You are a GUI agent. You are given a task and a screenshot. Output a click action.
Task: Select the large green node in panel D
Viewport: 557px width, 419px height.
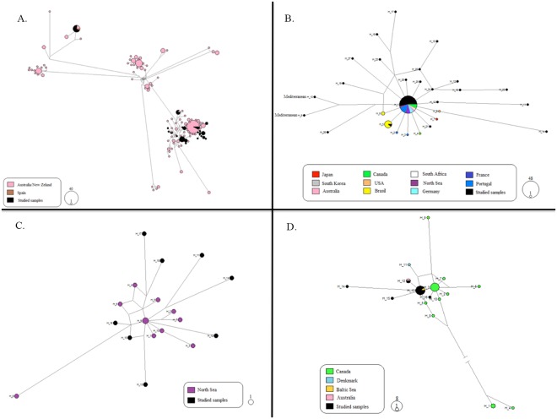435,287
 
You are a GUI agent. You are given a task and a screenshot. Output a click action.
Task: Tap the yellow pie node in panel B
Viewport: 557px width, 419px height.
389,125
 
